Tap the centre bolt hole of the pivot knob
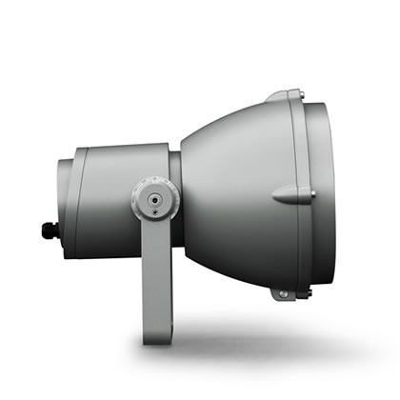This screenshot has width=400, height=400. (153, 201)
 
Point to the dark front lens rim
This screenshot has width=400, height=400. (317, 195)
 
